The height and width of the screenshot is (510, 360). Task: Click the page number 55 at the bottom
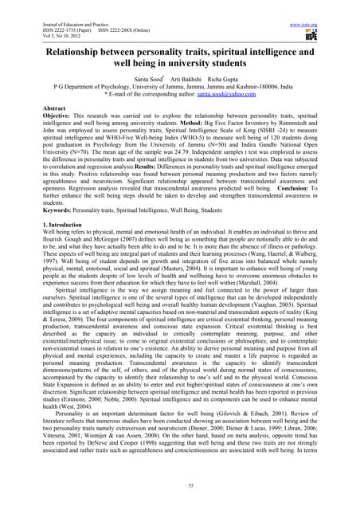[x=180, y=484]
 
